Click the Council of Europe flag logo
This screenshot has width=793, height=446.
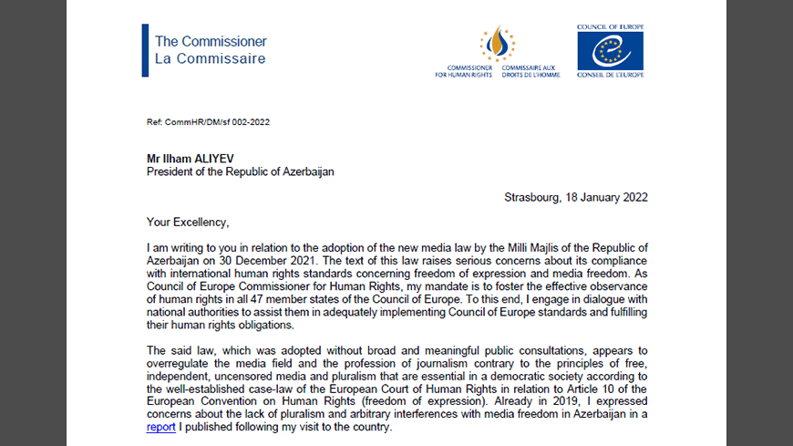click(610, 51)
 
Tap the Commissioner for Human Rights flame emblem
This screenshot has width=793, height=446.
click(497, 44)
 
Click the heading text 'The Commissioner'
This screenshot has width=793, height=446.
click(211, 41)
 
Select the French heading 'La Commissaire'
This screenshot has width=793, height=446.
click(210, 59)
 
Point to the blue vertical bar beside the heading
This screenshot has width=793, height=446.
click(145, 50)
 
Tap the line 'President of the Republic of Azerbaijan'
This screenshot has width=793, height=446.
click(241, 171)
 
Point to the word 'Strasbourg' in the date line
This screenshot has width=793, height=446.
click(534, 197)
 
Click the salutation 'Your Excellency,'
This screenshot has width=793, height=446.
click(190, 222)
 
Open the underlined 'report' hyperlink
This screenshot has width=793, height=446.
click(160, 426)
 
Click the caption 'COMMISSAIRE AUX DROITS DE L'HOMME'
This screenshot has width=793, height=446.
click(528, 71)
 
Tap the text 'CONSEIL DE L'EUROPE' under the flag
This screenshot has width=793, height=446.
click(610, 75)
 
